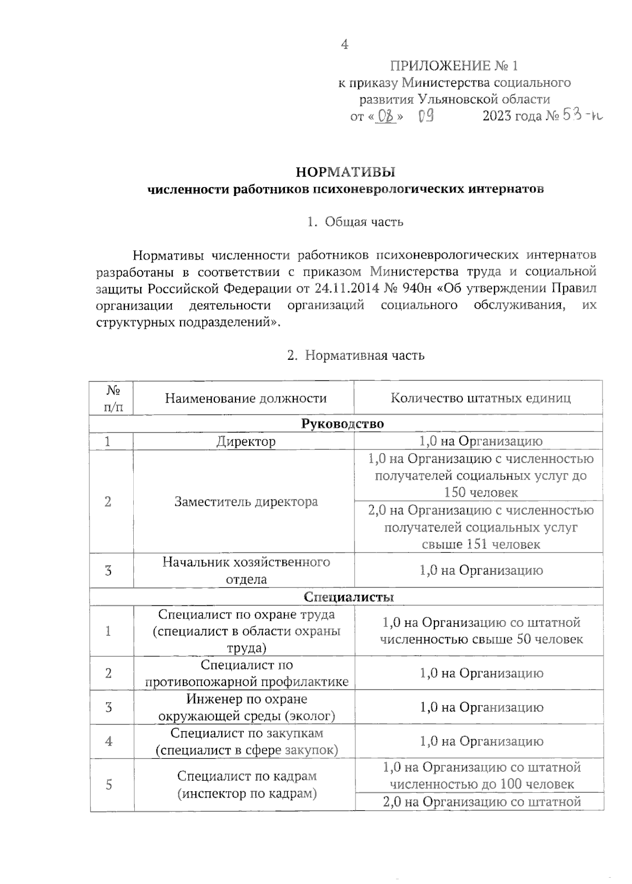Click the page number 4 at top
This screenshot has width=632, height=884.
(x=344, y=45)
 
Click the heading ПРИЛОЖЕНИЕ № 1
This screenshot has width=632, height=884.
(x=453, y=66)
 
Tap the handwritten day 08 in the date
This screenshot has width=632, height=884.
(x=386, y=116)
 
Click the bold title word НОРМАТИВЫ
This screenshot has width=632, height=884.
(x=345, y=172)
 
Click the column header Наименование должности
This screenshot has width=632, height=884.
(x=246, y=398)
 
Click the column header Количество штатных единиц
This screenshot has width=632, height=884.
(x=480, y=398)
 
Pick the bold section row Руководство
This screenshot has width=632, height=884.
(x=342, y=424)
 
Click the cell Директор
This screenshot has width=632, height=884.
(x=246, y=441)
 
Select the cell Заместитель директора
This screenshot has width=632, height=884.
(x=246, y=502)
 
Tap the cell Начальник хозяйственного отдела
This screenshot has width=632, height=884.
(x=246, y=571)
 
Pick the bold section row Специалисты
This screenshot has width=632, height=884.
(x=349, y=597)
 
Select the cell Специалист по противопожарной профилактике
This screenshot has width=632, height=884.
(x=246, y=673)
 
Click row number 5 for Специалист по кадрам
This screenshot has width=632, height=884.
(x=108, y=785)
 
